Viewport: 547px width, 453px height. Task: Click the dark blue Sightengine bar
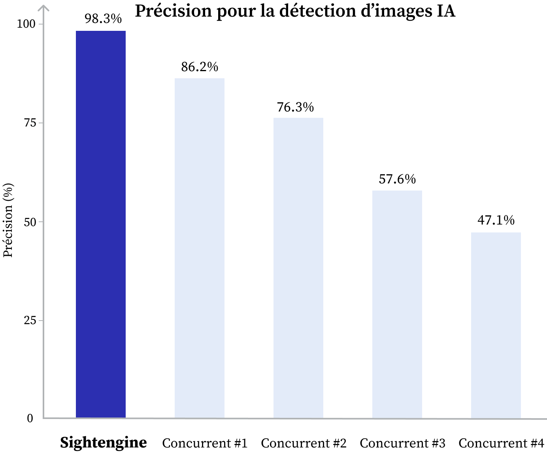pos(101,224)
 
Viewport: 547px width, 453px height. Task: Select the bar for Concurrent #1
pos(200,248)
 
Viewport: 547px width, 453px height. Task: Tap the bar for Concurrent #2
pos(298,268)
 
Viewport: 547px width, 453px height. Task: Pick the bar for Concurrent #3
pos(397,304)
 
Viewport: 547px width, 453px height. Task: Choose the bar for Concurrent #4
pos(496,325)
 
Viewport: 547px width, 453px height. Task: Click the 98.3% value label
pos(103,19)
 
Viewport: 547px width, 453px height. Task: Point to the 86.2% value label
pos(200,67)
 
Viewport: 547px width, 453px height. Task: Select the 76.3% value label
pos(295,107)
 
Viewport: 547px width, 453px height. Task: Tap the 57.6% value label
pos(397,179)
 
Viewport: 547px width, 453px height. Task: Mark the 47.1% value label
pos(496,220)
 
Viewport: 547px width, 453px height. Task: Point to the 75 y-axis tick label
pos(30,123)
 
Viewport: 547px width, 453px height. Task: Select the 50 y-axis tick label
pos(30,222)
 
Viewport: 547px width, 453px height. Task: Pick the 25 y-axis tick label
pos(30,320)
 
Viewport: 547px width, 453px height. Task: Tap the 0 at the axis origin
pos(30,419)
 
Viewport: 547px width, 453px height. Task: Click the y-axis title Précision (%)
pos(8,220)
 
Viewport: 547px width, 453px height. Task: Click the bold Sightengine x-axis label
pos(104,442)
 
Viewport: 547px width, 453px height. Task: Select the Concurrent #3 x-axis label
pos(402,443)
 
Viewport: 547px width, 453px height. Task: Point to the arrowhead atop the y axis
pos(44,7)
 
